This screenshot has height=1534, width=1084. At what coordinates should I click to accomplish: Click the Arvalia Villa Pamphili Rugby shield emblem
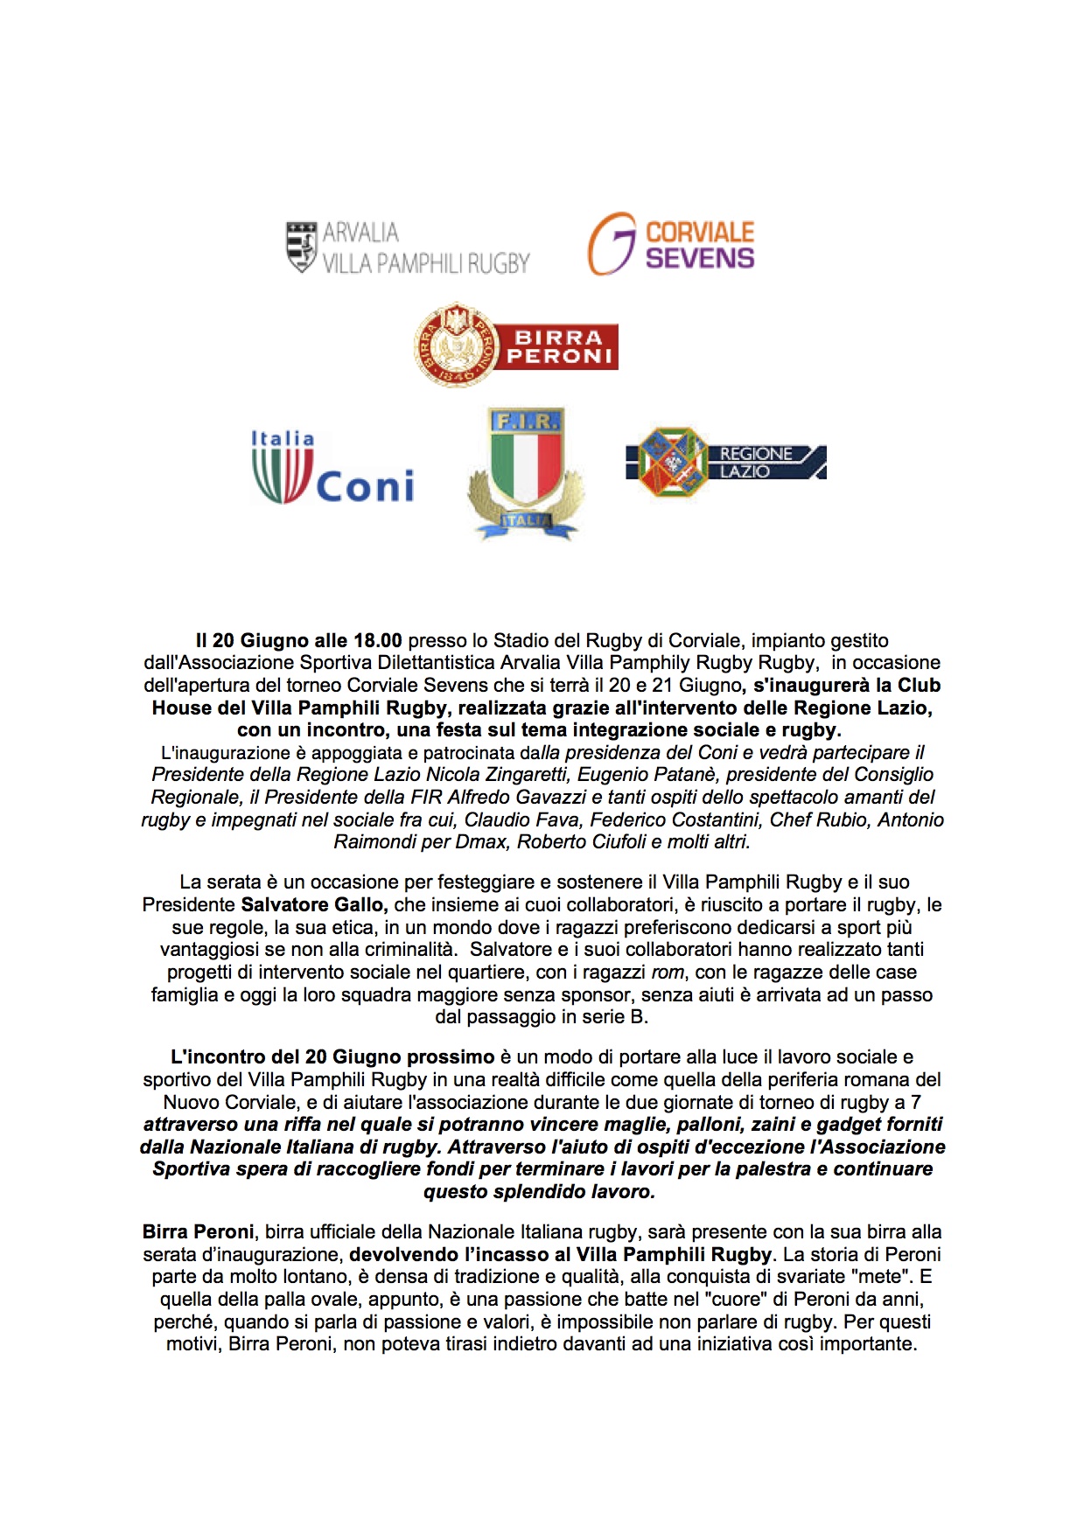point(301,247)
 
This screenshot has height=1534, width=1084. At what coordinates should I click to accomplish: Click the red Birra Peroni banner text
point(559,347)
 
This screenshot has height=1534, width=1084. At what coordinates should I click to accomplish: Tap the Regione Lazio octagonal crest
point(673,462)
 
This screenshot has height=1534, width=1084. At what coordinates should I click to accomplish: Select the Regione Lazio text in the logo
point(756,463)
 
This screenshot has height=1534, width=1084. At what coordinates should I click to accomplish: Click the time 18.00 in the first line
point(377,641)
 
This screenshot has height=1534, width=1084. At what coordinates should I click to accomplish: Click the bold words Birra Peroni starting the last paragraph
point(198,1232)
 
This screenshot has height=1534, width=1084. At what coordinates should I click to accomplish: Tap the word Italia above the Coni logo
point(282,438)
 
